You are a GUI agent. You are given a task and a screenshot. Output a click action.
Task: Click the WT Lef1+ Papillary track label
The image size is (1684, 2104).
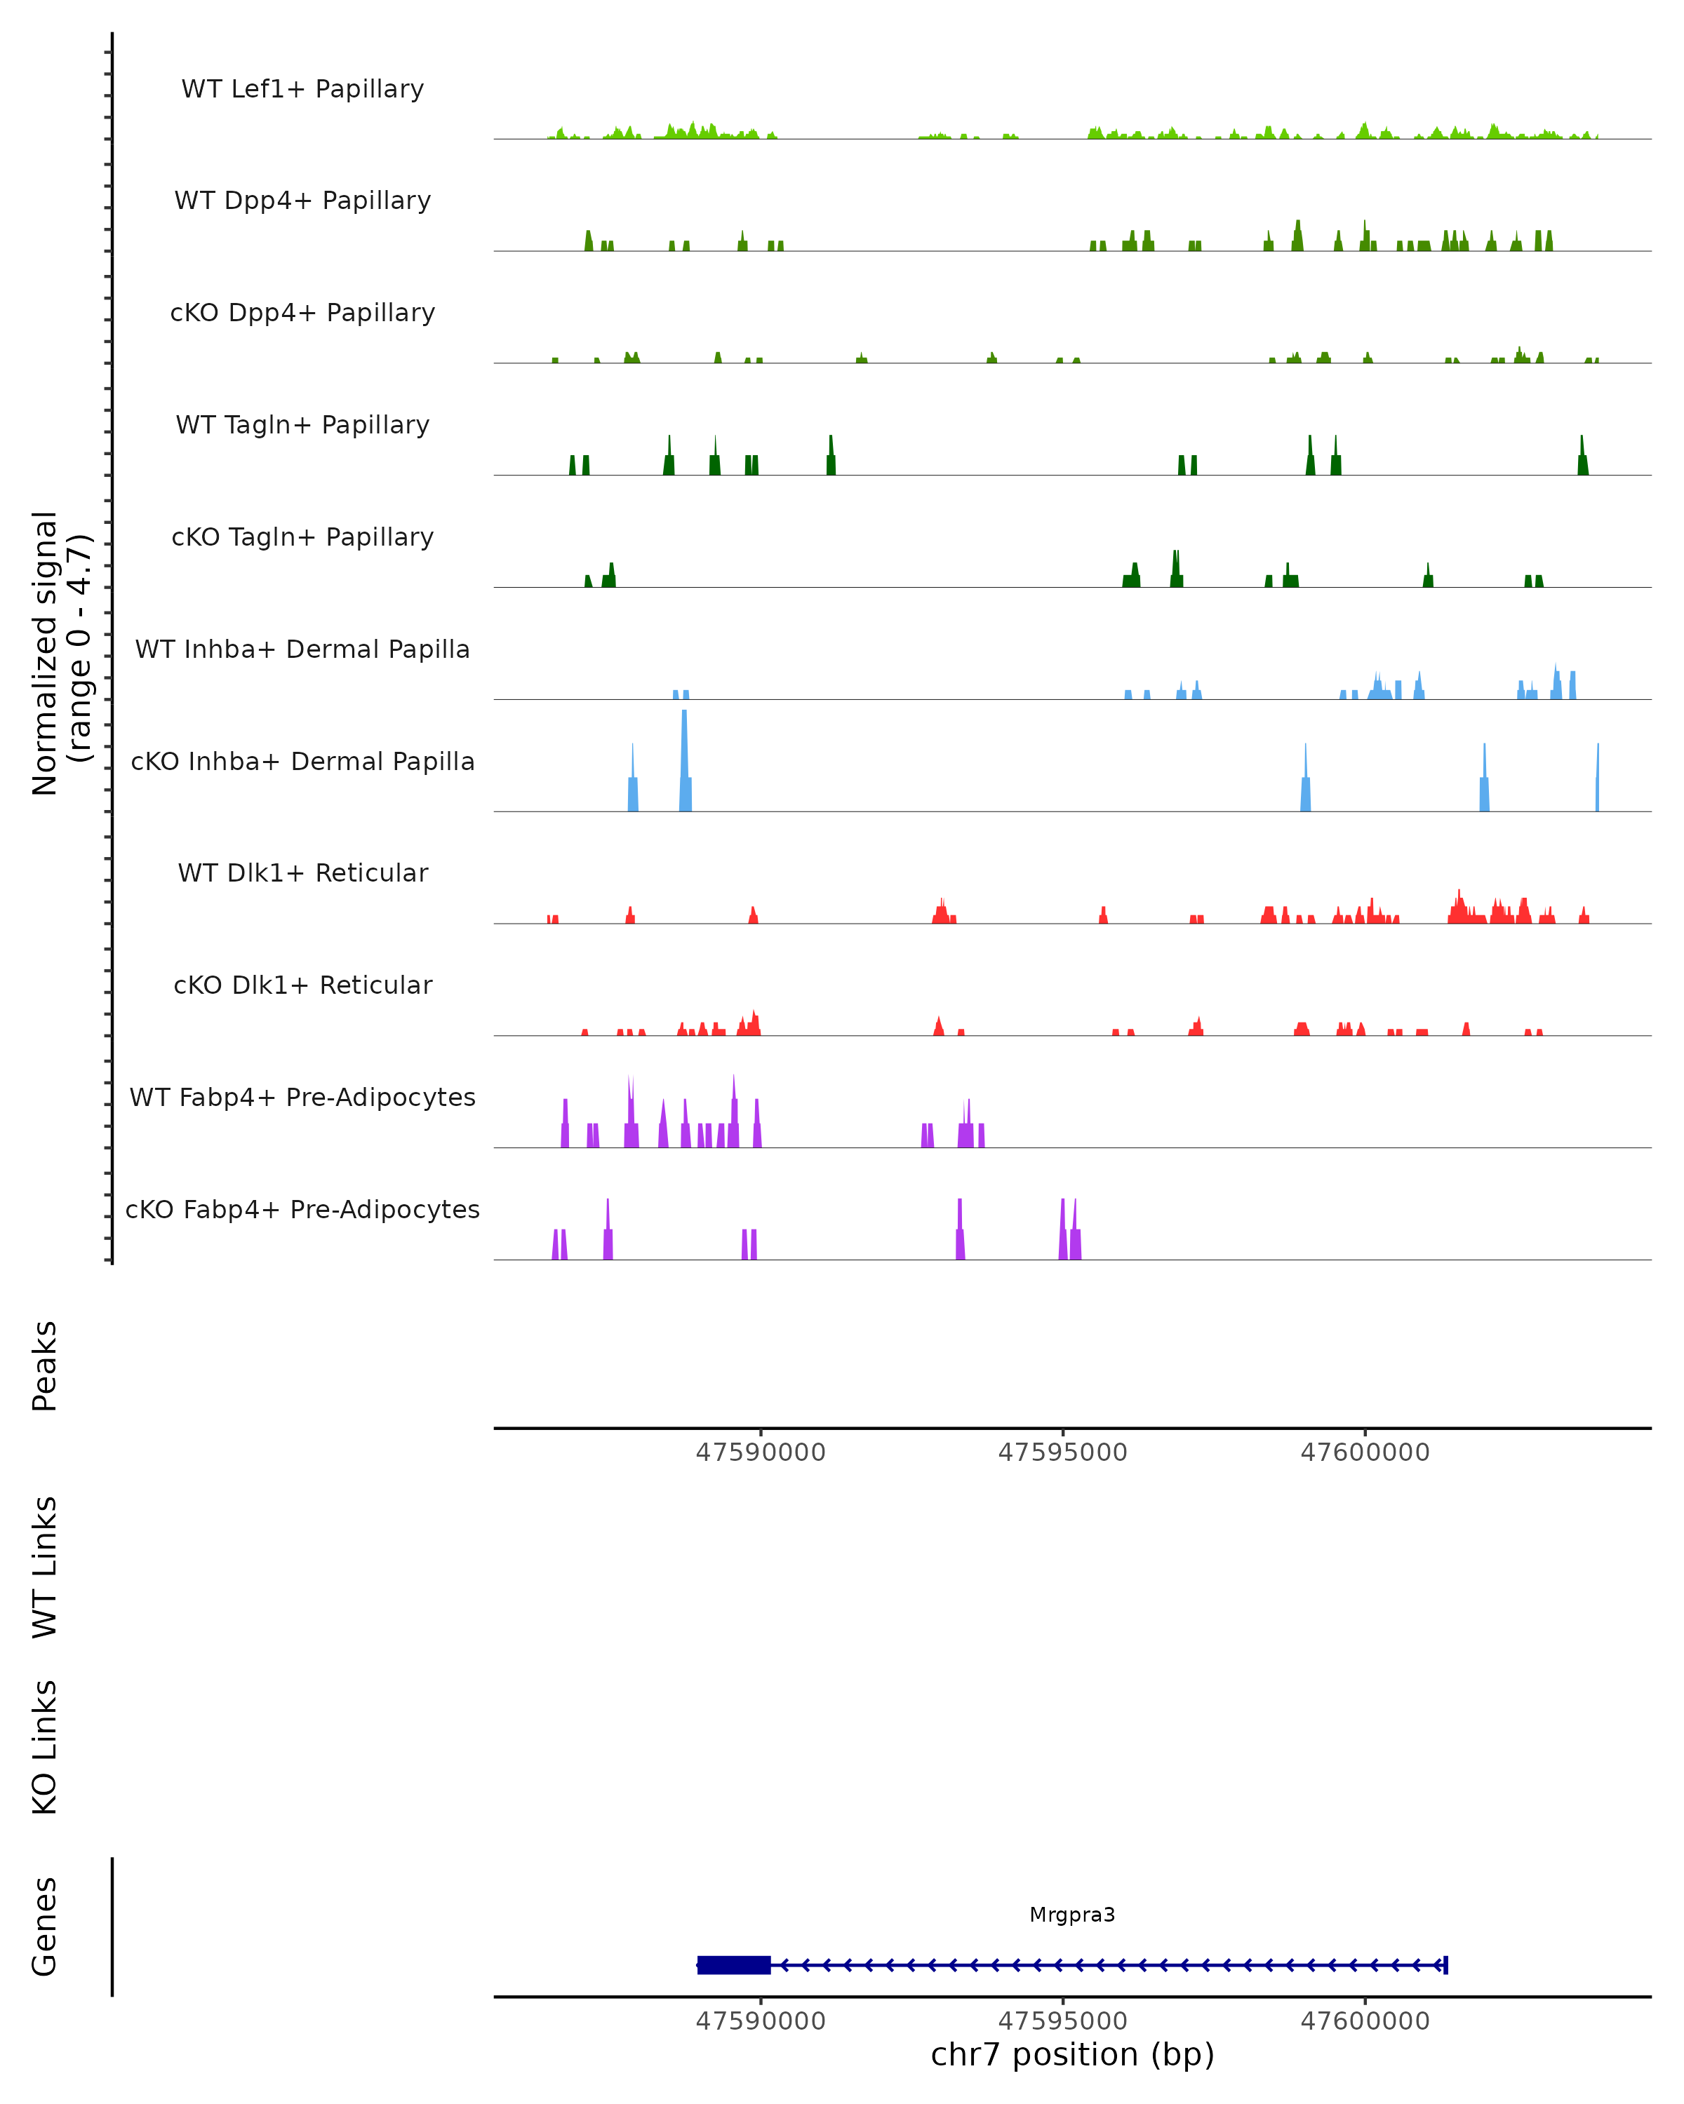click(302, 89)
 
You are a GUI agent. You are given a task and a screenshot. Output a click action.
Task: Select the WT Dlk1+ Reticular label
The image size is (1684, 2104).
click(302, 872)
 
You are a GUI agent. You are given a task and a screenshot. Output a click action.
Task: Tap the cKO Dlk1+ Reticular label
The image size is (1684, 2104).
click(302, 985)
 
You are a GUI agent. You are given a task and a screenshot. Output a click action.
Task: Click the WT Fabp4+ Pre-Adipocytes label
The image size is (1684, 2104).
click(302, 1097)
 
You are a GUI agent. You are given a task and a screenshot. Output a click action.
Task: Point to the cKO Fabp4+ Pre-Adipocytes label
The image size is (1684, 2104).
click(302, 1209)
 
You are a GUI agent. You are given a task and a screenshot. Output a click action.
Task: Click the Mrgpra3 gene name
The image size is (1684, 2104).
click(1072, 1915)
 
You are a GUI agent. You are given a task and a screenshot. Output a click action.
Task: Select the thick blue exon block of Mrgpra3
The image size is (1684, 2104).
click(734, 1964)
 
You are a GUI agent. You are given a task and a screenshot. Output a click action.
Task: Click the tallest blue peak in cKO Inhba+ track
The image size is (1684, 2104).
click(684, 761)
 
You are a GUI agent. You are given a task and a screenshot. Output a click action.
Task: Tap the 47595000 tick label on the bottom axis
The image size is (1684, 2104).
click(1062, 2021)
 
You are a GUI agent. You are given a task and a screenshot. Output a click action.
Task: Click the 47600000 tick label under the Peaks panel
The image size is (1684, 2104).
click(1365, 1452)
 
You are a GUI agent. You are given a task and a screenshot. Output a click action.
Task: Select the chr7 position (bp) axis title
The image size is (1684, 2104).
click(1072, 2055)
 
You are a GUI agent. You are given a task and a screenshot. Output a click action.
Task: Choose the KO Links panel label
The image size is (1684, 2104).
click(45, 1747)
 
